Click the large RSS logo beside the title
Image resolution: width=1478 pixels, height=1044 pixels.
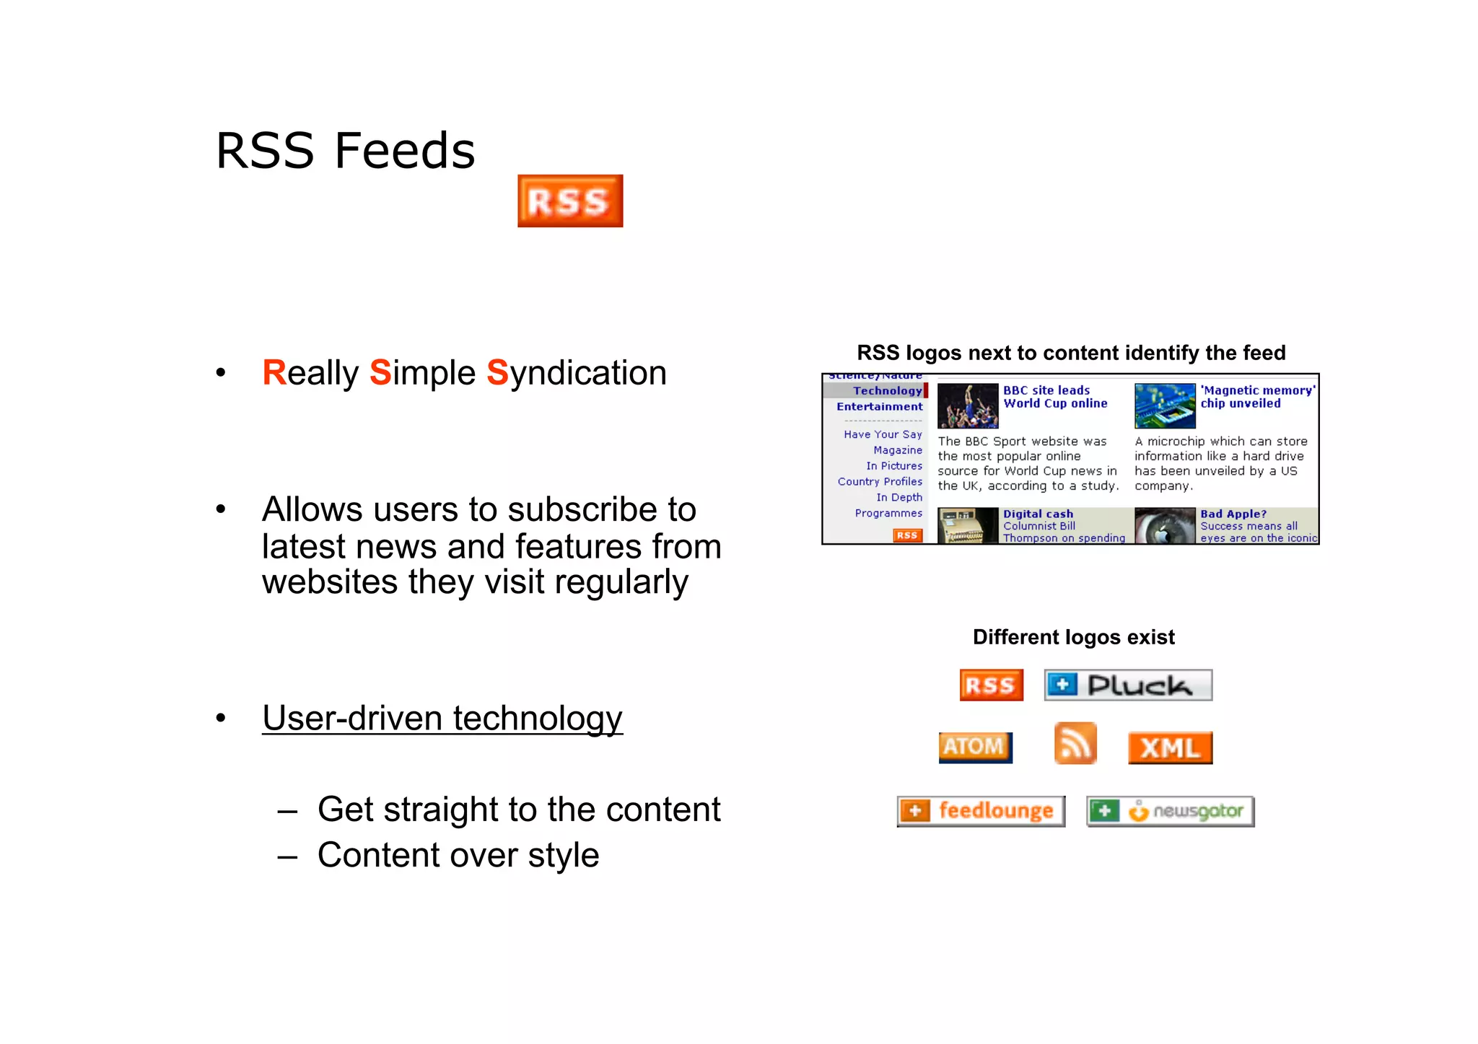coord(570,201)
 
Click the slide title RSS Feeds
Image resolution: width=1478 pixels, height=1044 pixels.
coord(345,151)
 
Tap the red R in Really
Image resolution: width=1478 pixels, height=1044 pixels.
coord(274,373)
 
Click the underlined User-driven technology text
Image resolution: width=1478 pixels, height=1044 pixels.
coord(442,718)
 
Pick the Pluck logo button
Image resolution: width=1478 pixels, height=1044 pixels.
coord(1128,685)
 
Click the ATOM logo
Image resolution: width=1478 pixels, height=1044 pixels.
coord(975,747)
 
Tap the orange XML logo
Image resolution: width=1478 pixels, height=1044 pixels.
coord(1170,747)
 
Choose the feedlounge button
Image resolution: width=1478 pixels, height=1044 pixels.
coord(981,811)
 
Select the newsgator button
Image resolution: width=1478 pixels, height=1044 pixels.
coord(1170,811)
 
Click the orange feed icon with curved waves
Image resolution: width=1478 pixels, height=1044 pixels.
coord(1075,743)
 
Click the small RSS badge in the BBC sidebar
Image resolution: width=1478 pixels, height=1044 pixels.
coord(907,535)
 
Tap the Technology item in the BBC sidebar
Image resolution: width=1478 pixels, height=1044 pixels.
coord(887,390)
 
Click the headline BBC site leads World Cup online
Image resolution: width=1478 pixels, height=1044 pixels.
coord(1054,397)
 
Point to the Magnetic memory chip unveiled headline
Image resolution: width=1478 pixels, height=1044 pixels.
coord(1256,397)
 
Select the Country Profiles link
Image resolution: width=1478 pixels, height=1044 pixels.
coord(880,481)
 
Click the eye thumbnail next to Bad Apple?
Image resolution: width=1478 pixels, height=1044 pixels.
coord(1164,526)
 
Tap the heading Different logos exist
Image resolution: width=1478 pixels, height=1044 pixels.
coord(1073,637)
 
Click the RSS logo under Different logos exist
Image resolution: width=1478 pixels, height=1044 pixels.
coord(991,685)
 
